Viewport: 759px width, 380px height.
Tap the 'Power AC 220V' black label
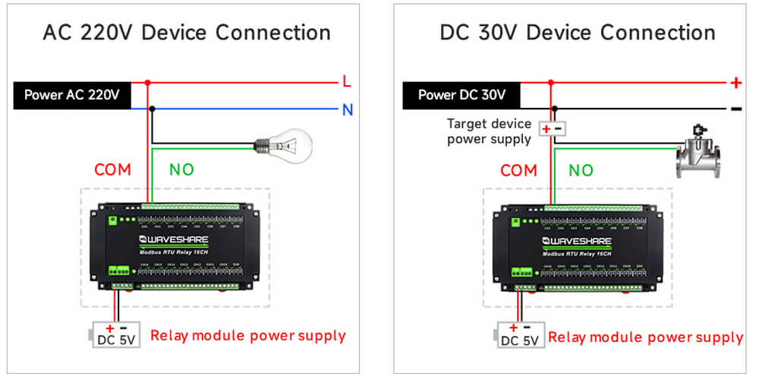(x=72, y=96)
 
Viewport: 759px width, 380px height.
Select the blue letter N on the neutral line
(x=347, y=109)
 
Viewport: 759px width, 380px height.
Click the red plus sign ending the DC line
(x=735, y=82)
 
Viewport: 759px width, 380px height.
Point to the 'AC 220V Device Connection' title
(x=187, y=33)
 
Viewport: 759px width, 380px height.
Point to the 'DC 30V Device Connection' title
(x=578, y=33)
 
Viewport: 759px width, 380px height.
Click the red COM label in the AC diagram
(x=113, y=170)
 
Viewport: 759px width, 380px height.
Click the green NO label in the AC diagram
(x=181, y=170)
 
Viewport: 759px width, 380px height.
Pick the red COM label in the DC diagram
(x=519, y=171)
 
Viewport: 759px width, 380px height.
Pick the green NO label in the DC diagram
(x=581, y=171)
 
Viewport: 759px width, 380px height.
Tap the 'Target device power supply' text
(x=490, y=131)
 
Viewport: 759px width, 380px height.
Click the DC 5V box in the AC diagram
(x=115, y=334)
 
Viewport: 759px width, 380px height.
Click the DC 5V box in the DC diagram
(x=521, y=335)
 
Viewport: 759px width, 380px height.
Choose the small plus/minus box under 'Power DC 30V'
(x=551, y=129)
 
